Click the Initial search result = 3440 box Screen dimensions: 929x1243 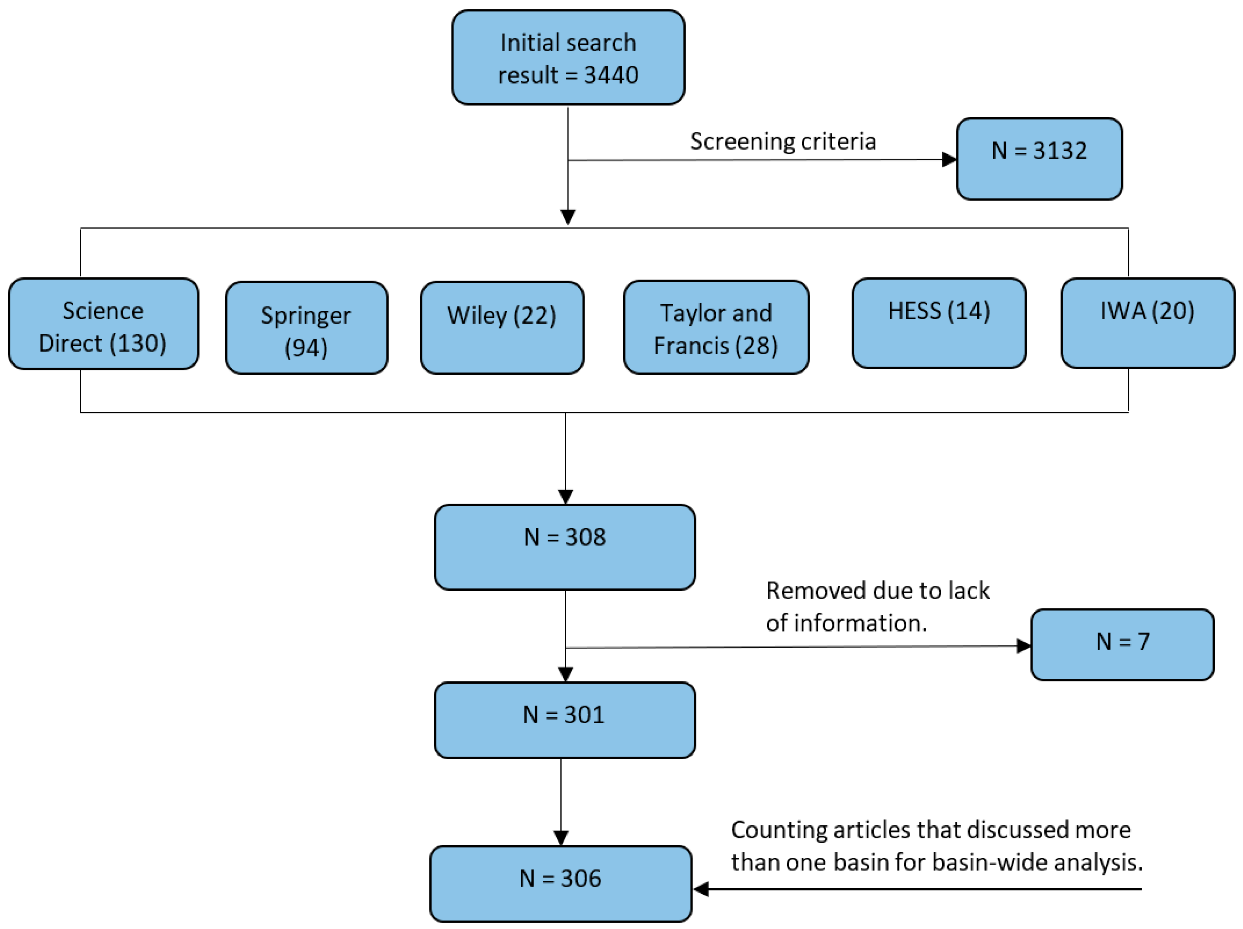(568, 57)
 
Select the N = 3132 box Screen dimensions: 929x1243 (1039, 158)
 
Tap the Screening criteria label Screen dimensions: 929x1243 (783, 141)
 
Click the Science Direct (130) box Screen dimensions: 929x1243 (103, 324)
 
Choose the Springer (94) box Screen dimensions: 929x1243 (306, 328)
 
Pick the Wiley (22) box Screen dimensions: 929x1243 (502, 328)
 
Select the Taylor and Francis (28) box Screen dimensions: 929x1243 (716, 328)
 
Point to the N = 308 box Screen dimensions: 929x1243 (565, 547)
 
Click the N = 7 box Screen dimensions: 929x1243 (1122, 645)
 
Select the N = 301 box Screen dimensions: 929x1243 (565, 720)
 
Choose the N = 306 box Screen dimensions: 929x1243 (560, 883)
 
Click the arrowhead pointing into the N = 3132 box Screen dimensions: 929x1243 (949, 159)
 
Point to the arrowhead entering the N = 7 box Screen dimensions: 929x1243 (1023, 646)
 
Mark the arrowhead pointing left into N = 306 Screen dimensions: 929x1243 (701, 889)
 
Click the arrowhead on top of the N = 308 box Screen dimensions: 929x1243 (566, 497)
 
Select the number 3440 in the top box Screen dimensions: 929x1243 (611, 75)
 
